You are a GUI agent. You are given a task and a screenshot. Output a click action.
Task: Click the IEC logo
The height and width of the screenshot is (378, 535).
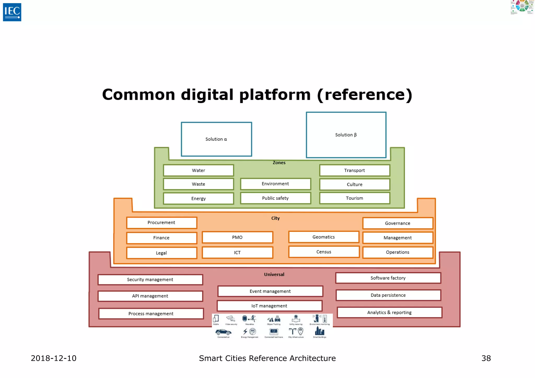pyautogui.click(x=12, y=12)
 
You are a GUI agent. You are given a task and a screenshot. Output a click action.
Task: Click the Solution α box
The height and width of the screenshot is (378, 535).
pyautogui.click(x=216, y=139)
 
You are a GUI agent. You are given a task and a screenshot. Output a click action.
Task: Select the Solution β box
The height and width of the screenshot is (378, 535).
pyautogui.click(x=346, y=135)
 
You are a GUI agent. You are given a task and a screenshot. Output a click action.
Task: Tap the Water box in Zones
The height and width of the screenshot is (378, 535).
pyautogui.click(x=198, y=170)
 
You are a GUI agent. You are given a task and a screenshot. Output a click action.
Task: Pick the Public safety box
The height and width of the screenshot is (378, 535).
pyautogui.click(x=275, y=198)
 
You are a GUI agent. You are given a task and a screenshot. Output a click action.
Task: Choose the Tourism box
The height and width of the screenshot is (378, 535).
pyautogui.click(x=354, y=198)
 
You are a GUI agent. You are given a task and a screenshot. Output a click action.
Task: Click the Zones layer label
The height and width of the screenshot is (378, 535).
pyautogui.click(x=279, y=163)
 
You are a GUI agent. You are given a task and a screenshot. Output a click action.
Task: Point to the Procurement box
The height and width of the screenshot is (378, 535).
pyautogui.click(x=161, y=223)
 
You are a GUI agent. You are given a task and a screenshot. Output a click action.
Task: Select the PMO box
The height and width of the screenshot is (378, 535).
pyautogui.click(x=237, y=237)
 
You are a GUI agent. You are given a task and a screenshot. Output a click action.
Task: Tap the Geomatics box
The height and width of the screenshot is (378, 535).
pyautogui.click(x=323, y=237)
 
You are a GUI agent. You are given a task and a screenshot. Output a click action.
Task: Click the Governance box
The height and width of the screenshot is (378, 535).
pyautogui.click(x=398, y=223)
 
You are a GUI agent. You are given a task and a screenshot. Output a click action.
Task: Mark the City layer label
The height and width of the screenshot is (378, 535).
pyautogui.click(x=275, y=218)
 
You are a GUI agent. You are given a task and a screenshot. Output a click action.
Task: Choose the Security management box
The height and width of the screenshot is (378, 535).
pyautogui.click(x=150, y=280)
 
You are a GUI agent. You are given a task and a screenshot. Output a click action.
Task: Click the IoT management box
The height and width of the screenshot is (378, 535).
pyautogui.click(x=269, y=306)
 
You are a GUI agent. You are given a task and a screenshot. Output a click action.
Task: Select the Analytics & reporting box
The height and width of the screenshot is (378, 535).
pyautogui.click(x=389, y=312)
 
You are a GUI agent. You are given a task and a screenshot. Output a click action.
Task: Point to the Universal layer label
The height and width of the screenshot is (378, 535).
pyautogui.click(x=274, y=274)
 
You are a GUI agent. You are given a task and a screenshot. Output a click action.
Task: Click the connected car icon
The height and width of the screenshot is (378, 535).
pyautogui.click(x=223, y=332)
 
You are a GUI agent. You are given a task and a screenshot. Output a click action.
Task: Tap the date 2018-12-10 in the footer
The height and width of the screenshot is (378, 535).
pyautogui.click(x=54, y=358)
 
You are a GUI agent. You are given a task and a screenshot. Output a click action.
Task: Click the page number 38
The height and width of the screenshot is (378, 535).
pyautogui.click(x=486, y=358)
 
